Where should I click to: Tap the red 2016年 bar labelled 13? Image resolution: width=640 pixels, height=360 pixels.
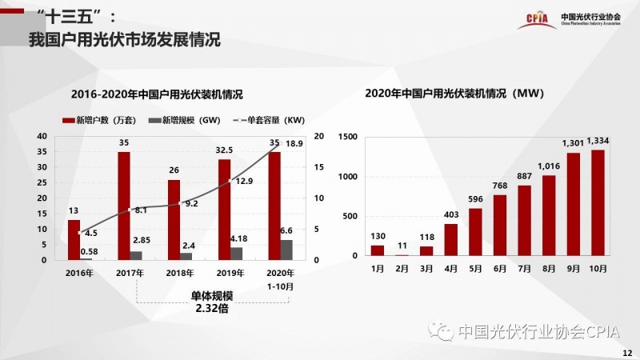point(74,240)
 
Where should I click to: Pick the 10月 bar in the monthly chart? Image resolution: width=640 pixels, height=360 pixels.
point(597,202)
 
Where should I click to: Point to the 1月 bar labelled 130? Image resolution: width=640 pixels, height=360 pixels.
point(378,250)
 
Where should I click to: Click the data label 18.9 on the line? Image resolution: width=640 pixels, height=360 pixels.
point(294,143)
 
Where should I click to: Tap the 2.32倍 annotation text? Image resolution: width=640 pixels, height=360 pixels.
point(212,308)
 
